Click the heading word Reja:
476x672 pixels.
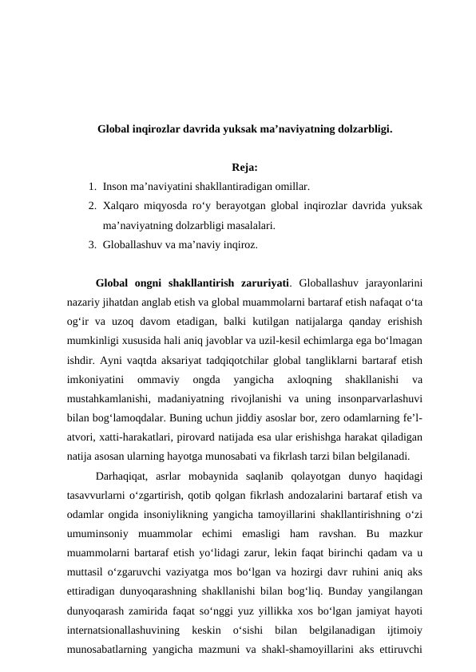tap(244, 168)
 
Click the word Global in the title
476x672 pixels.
tap(116, 128)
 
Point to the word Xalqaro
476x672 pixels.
tap(123, 206)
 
